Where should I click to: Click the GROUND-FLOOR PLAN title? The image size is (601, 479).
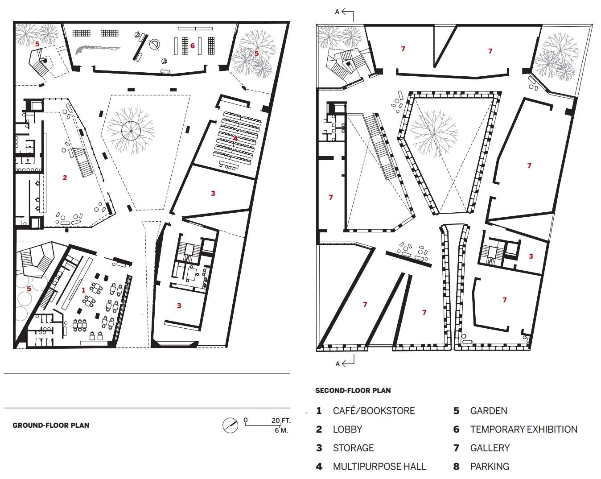click(51, 425)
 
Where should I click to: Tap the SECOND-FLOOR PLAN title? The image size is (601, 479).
click(353, 390)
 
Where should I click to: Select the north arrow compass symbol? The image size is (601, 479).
click(231, 425)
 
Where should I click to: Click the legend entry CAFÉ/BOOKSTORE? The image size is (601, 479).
click(374, 410)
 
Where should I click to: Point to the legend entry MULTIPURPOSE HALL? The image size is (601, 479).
click(379, 467)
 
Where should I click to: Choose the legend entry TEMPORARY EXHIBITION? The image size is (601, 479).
click(523, 429)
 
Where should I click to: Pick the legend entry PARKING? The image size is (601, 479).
click(490, 467)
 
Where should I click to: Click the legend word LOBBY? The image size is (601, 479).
click(347, 429)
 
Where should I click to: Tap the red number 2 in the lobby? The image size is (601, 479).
click(65, 178)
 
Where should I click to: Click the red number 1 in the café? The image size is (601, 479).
click(83, 290)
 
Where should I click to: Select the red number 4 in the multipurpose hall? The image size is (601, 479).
click(235, 138)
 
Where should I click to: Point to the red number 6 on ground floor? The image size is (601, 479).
click(193, 45)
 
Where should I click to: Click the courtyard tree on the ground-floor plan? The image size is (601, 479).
click(131, 131)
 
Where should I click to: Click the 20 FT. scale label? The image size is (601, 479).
click(281, 420)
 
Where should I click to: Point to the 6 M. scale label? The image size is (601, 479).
click(281, 430)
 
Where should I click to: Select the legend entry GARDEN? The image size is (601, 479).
click(489, 410)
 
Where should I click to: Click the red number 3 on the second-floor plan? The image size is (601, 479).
click(531, 256)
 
